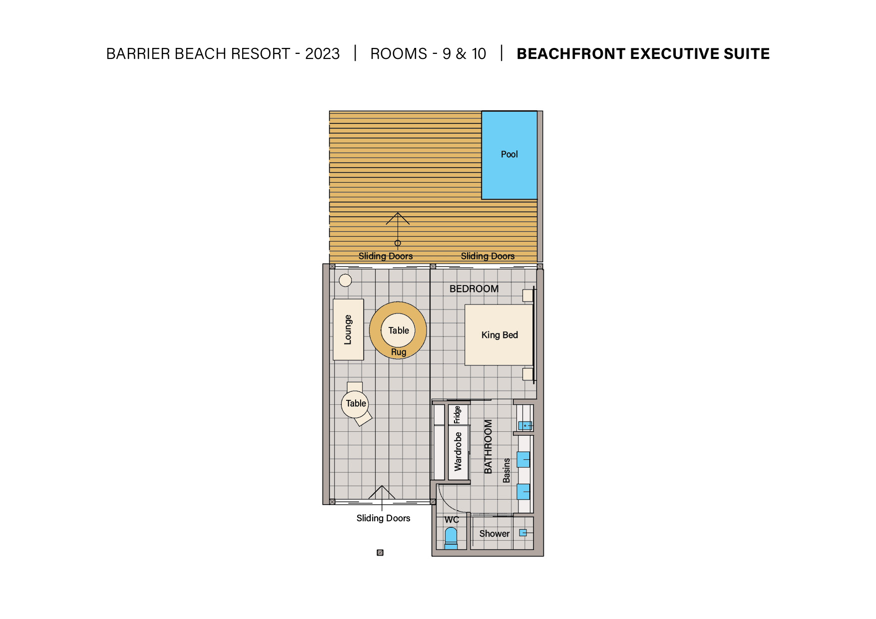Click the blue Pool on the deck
coord(509,155)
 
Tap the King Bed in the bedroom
coord(499,335)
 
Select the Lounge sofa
coord(348,329)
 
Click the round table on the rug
coord(398,330)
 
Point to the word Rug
coord(399,352)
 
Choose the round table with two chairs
coord(355,403)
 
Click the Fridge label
coord(457,415)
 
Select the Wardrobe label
coord(458,452)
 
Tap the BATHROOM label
coord(488,446)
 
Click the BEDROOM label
coord(474,289)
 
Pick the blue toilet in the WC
coord(451,539)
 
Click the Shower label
coord(494,534)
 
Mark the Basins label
coord(506,470)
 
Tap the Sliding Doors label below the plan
coord(383,518)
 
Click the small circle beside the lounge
coord(345,280)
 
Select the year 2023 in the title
coord(322,53)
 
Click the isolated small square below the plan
coord(380,553)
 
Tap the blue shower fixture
coord(523,533)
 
